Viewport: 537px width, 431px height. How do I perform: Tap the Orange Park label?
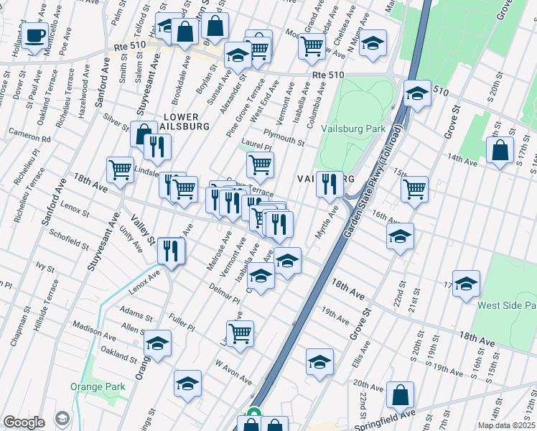pos(98,387)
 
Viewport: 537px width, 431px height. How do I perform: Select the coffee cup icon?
pos(34,36)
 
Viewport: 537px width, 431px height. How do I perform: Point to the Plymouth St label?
pos(284,137)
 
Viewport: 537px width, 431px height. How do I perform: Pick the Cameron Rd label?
pos(29,134)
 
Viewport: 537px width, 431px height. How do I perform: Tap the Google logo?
pos(24,422)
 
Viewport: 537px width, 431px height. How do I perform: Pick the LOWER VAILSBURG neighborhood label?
pos(185,121)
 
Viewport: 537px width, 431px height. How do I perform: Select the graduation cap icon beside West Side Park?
pos(466,284)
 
